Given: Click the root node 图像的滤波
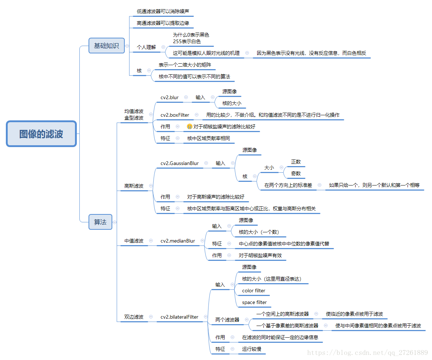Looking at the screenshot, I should pos(41,134).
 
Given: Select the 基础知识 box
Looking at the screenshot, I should pos(106,46).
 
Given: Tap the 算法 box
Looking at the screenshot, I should pos(100,222).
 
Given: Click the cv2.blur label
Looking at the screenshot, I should pos(169,97).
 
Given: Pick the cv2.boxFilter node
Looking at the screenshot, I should pos(174,115).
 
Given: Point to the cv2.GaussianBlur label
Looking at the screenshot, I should pos(180,163).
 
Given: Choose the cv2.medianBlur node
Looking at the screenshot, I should pos(178,241).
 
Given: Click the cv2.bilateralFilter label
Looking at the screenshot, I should pos(180,317).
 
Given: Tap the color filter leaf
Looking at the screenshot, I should pos(253,290).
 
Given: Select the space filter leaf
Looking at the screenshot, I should pos(254,302).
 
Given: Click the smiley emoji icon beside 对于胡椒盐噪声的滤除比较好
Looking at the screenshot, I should pos(189,127).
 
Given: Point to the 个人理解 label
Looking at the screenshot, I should pos(146,47).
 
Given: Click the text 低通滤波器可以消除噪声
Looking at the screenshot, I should pos(163,11).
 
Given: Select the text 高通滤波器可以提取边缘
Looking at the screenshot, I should pos(163,23).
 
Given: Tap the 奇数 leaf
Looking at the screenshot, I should pos(296,173).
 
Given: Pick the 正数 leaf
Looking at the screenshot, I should pos(296,162).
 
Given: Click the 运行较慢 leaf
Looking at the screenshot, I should pos(252,349).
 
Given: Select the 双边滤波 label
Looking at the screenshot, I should pos(134,317).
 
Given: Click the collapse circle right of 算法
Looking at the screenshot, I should pos(114,222).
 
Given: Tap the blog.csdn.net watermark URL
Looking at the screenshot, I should pos(367,353).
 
